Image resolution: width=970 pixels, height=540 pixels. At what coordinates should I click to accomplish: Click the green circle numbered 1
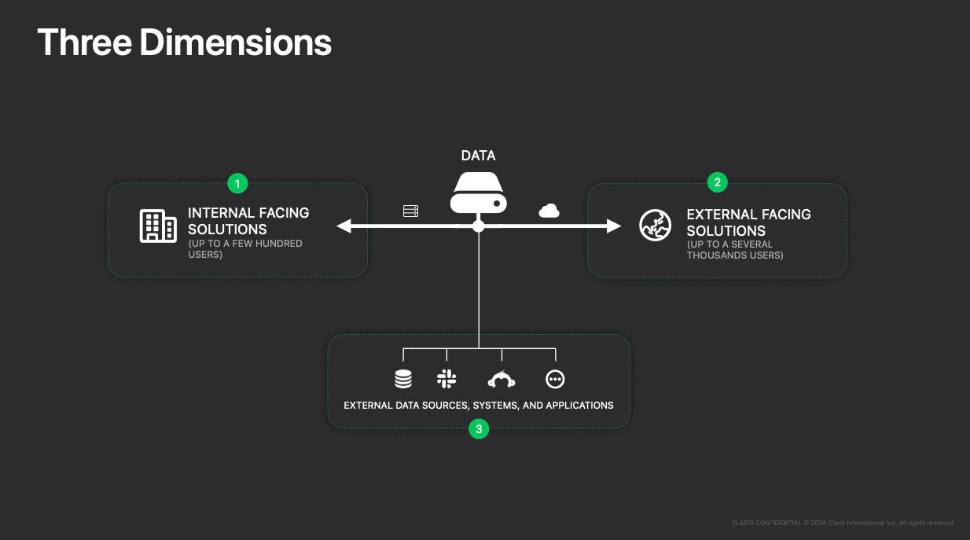(x=237, y=184)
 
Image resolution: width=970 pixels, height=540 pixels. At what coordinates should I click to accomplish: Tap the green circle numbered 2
(x=717, y=182)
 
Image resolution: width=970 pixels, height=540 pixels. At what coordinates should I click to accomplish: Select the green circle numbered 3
(x=479, y=428)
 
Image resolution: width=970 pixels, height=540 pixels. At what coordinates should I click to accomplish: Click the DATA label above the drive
(x=478, y=156)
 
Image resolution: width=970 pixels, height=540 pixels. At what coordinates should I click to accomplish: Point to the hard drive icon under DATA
(x=478, y=193)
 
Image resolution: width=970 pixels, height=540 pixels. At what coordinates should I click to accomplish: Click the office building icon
(x=158, y=226)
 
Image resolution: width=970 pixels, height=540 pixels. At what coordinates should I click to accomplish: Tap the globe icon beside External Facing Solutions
(x=656, y=225)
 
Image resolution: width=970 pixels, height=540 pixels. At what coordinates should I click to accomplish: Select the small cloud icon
(x=549, y=211)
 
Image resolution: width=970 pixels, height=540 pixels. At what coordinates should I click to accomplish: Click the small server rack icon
(x=410, y=211)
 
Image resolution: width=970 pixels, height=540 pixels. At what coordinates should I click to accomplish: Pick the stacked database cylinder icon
(x=403, y=379)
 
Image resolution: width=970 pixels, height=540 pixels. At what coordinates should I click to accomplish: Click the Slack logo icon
(x=446, y=379)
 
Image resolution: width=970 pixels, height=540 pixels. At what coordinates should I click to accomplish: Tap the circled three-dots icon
(x=555, y=380)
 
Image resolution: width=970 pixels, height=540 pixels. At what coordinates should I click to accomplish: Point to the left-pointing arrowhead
(x=344, y=226)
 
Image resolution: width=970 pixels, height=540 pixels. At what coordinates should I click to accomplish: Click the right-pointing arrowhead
(x=614, y=226)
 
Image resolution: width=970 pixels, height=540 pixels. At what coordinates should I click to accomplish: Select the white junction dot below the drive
(x=479, y=226)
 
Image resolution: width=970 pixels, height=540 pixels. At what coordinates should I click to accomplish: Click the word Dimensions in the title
(x=235, y=42)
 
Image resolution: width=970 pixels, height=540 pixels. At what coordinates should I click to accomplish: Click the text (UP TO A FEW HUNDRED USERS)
(x=245, y=249)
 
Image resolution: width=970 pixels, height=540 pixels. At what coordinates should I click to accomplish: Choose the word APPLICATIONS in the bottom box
(x=579, y=406)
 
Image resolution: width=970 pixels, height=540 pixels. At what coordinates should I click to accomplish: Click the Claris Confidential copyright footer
(x=843, y=523)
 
